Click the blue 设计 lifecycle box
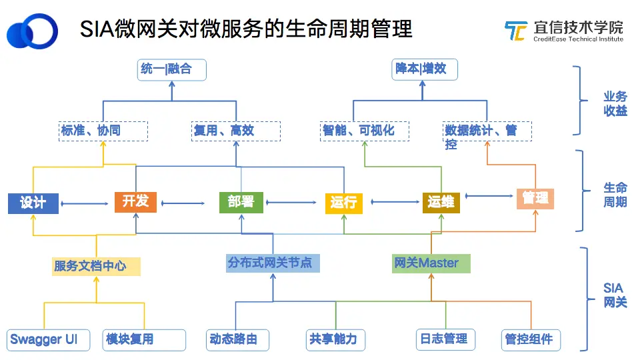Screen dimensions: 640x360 coord(33,203)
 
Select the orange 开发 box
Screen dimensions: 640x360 coord(135,201)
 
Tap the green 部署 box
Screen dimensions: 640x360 coord(241,203)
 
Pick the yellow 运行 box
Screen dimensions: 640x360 coord(344,203)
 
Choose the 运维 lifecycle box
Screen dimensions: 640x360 coord(441,203)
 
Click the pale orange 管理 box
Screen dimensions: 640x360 coord(535,199)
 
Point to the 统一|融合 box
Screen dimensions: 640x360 coord(172,70)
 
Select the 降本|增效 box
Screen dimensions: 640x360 coord(425,69)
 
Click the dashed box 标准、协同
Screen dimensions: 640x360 coord(103,131)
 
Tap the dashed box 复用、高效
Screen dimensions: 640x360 coord(236,131)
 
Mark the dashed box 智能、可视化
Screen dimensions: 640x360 coord(365,131)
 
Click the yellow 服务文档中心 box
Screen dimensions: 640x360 coord(96,267)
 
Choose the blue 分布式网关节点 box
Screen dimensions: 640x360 coord(273,263)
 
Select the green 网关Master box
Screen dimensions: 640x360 coord(431,263)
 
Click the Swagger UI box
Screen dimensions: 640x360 coord(48,340)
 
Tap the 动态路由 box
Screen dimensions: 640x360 coord(237,340)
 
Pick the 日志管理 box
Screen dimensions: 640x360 coord(446,339)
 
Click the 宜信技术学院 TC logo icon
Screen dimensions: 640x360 coord(516,31)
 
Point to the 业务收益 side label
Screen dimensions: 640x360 coord(615,104)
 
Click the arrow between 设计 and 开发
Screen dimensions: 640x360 coord(85,203)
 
